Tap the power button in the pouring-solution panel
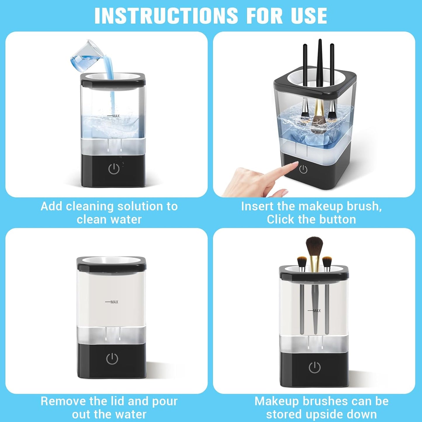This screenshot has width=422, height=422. (x=114, y=169)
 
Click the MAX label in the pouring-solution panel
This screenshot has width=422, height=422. (x=116, y=116)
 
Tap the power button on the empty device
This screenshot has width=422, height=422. (x=112, y=359)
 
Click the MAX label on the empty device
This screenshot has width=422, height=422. (x=114, y=302)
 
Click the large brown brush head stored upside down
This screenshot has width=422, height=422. (x=314, y=246)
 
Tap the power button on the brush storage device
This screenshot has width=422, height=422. (x=315, y=367)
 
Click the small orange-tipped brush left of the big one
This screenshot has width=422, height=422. (x=302, y=261)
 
